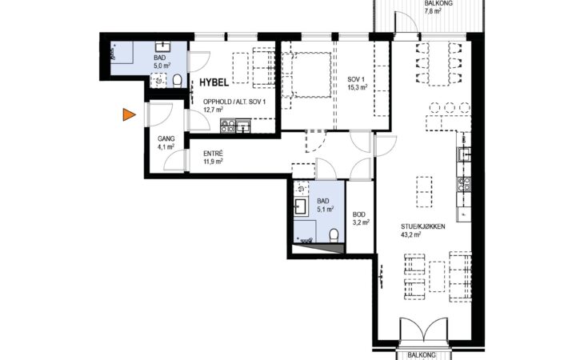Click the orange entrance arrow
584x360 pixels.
[x=128, y=114]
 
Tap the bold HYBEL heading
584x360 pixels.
[x=214, y=82]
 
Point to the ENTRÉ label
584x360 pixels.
[x=213, y=154]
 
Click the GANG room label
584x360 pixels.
[x=166, y=139]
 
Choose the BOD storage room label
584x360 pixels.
[x=359, y=214]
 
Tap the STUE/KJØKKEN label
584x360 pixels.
[x=422, y=226]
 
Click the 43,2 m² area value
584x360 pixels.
[x=411, y=234]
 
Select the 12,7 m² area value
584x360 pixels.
[x=213, y=110]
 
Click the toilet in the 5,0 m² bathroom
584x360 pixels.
[x=178, y=80]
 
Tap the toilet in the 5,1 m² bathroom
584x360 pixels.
[x=334, y=235]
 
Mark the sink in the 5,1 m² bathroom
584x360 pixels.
[x=301, y=206]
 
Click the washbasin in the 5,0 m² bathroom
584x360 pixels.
[x=162, y=46]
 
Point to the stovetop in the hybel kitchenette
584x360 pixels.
[x=228, y=126]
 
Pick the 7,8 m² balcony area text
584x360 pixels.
[x=433, y=10]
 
